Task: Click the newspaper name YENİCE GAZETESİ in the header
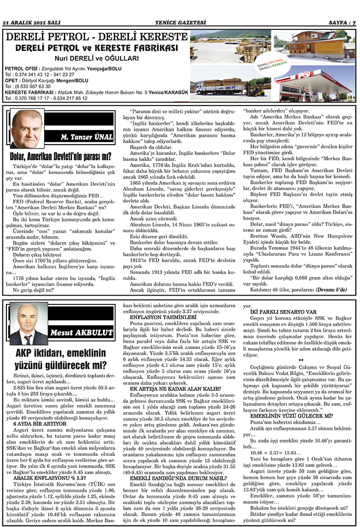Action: point(180,22)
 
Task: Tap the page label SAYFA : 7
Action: point(341,22)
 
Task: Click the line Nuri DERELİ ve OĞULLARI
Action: point(96,58)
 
